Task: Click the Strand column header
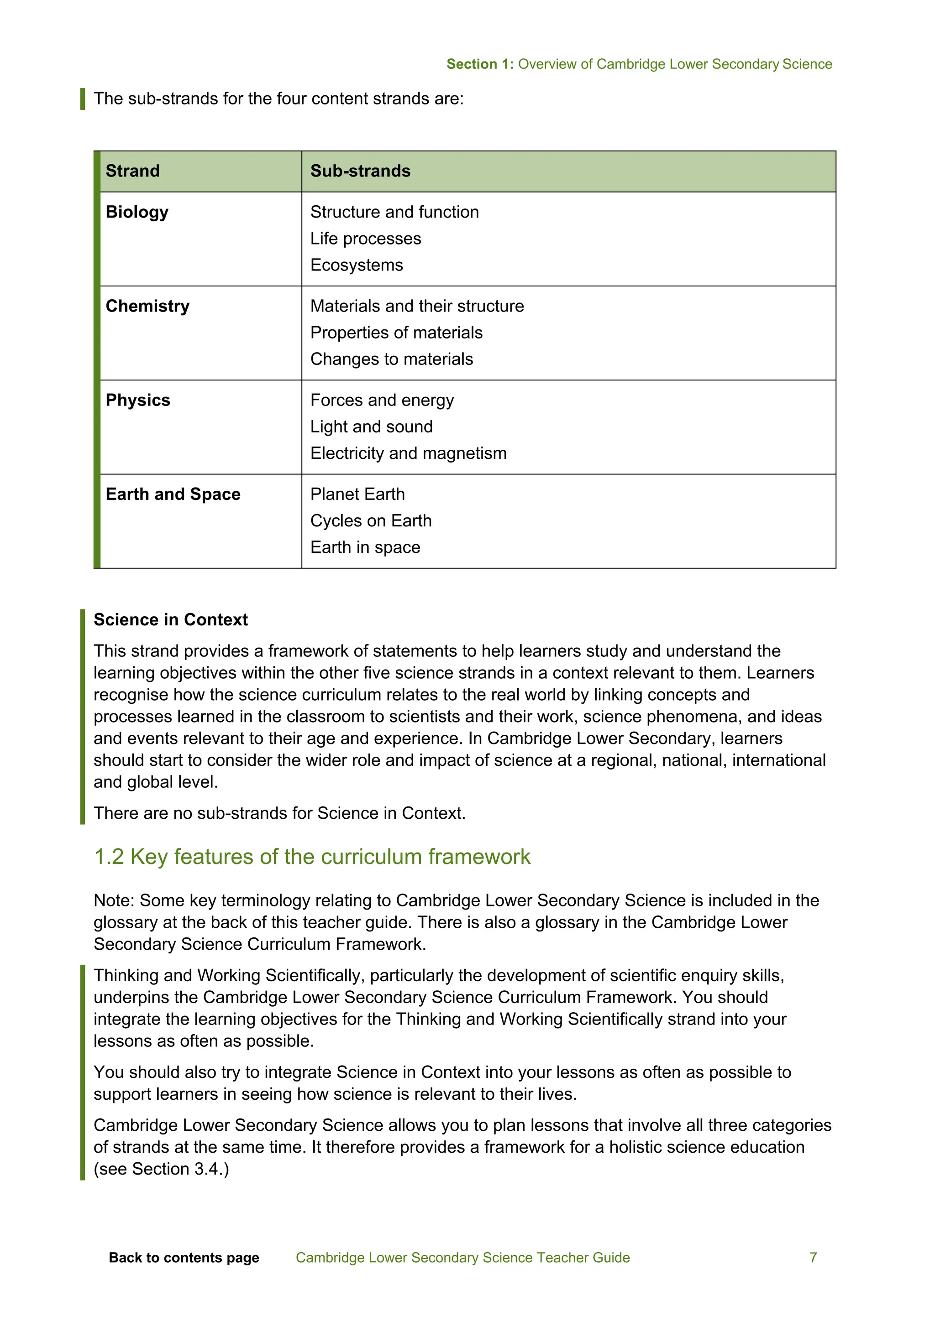[132, 171]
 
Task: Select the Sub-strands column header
[360, 171]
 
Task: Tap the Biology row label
[137, 212]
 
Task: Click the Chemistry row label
[147, 306]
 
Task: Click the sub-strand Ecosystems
[357, 265]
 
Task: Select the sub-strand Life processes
[366, 239]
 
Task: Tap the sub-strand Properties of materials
[396, 333]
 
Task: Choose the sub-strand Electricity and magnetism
[408, 453]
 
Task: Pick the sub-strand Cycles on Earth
[371, 520]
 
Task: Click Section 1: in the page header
[479, 64]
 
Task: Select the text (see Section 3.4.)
[161, 1169]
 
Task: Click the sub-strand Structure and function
[394, 212]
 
